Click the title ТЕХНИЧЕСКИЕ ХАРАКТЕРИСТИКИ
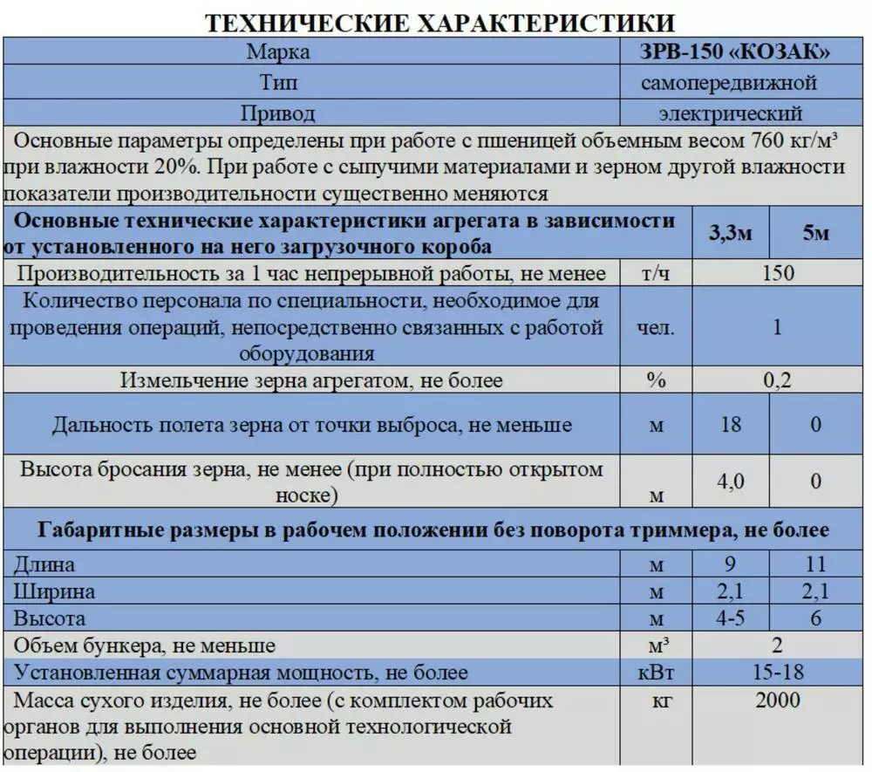pos(439,24)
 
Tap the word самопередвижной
pos(730,84)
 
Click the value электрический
pos(730,113)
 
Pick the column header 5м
pos(815,234)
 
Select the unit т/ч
pos(655,274)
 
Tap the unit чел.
pos(655,328)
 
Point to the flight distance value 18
pos(731,425)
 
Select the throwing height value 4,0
pos(731,481)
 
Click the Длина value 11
pos(816,564)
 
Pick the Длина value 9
pos(731,564)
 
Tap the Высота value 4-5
pos(731,618)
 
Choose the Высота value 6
pos(816,618)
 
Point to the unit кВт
pos(657,673)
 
